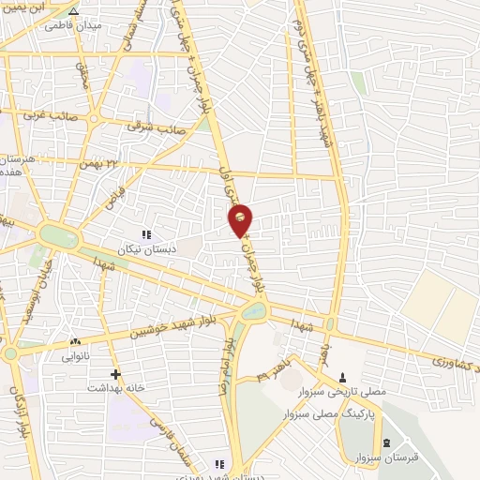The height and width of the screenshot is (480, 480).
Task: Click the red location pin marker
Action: pyautogui.click(x=242, y=220)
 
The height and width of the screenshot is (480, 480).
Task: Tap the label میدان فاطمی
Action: pyautogui.click(x=72, y=25)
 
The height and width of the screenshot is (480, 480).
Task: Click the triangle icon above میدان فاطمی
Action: pyautogui.click(x=73, y=12)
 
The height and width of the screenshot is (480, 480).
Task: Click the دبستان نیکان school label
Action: pyautogui.click(x=146, y=250)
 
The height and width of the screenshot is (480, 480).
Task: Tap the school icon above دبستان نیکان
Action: pyautogui.click(x=146, y=234)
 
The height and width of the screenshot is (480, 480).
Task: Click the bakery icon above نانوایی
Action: pyautogui.click(x=76, y=342)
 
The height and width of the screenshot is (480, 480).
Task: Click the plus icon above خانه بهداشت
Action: pyautogui.click(x=114, y=373)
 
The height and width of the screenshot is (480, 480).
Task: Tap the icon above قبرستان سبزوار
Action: pyautogui.click(x=386, y=442)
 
